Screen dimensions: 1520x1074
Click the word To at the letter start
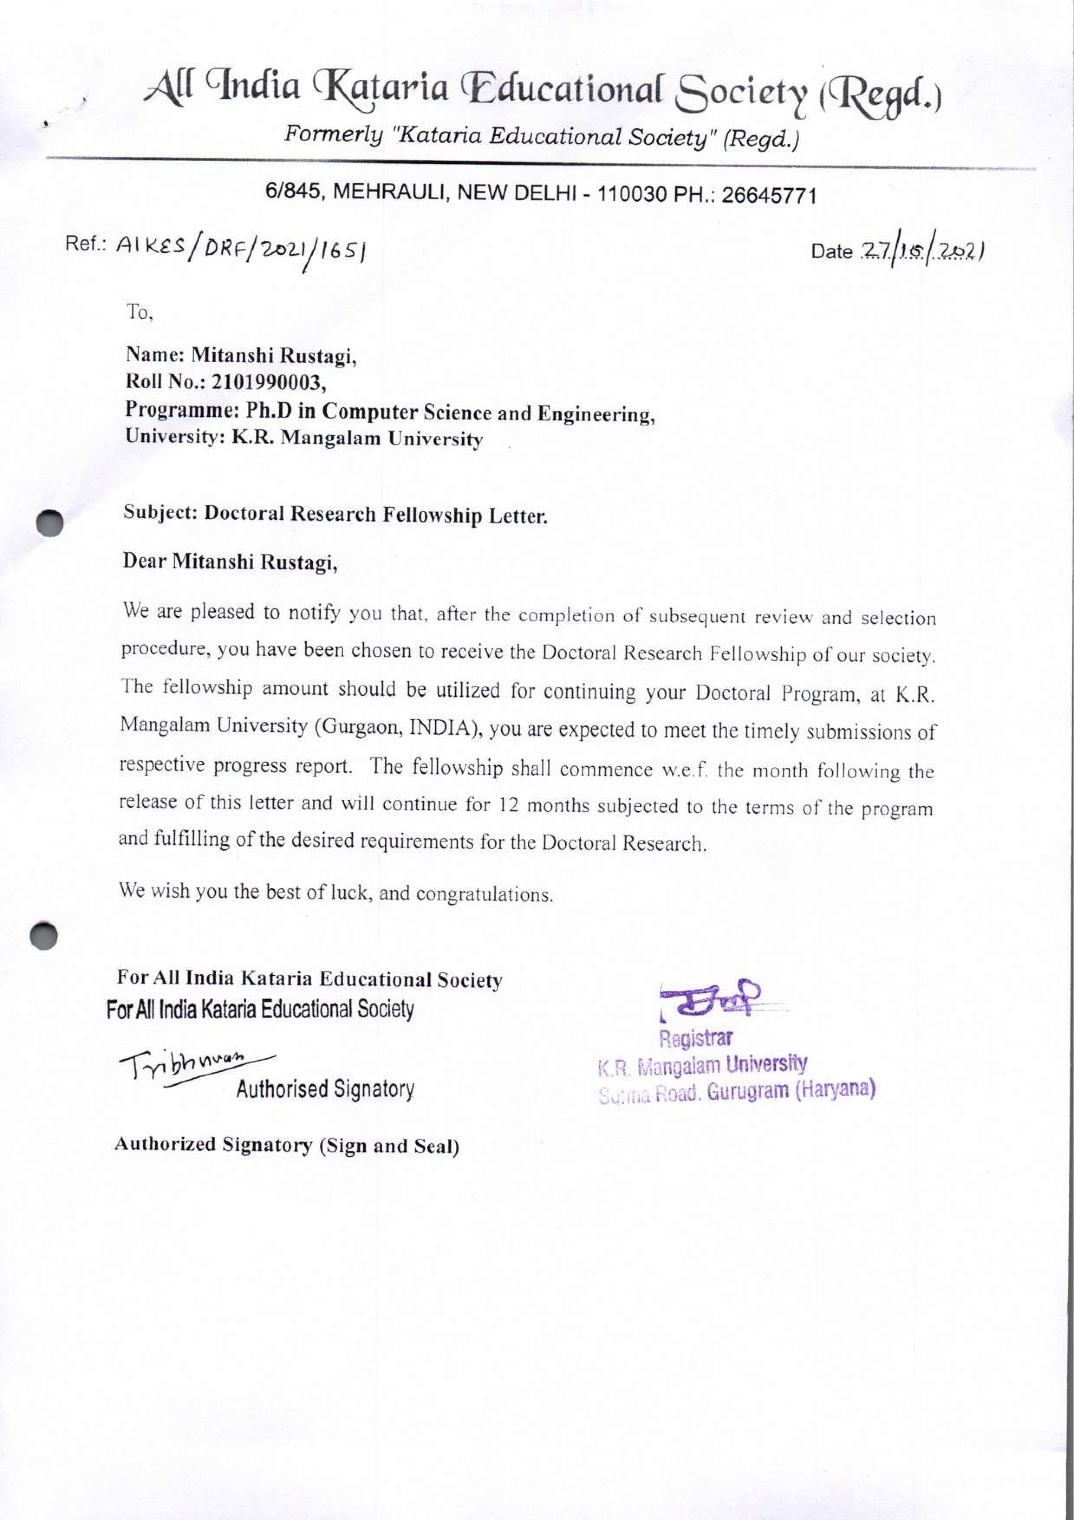(139, 312)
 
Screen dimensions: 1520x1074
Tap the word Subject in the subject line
(159, 513)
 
